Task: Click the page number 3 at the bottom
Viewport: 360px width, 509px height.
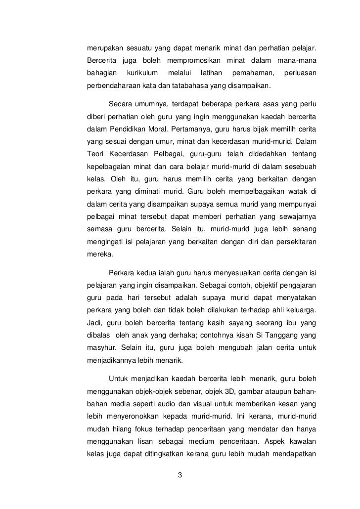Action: point(180,476)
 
